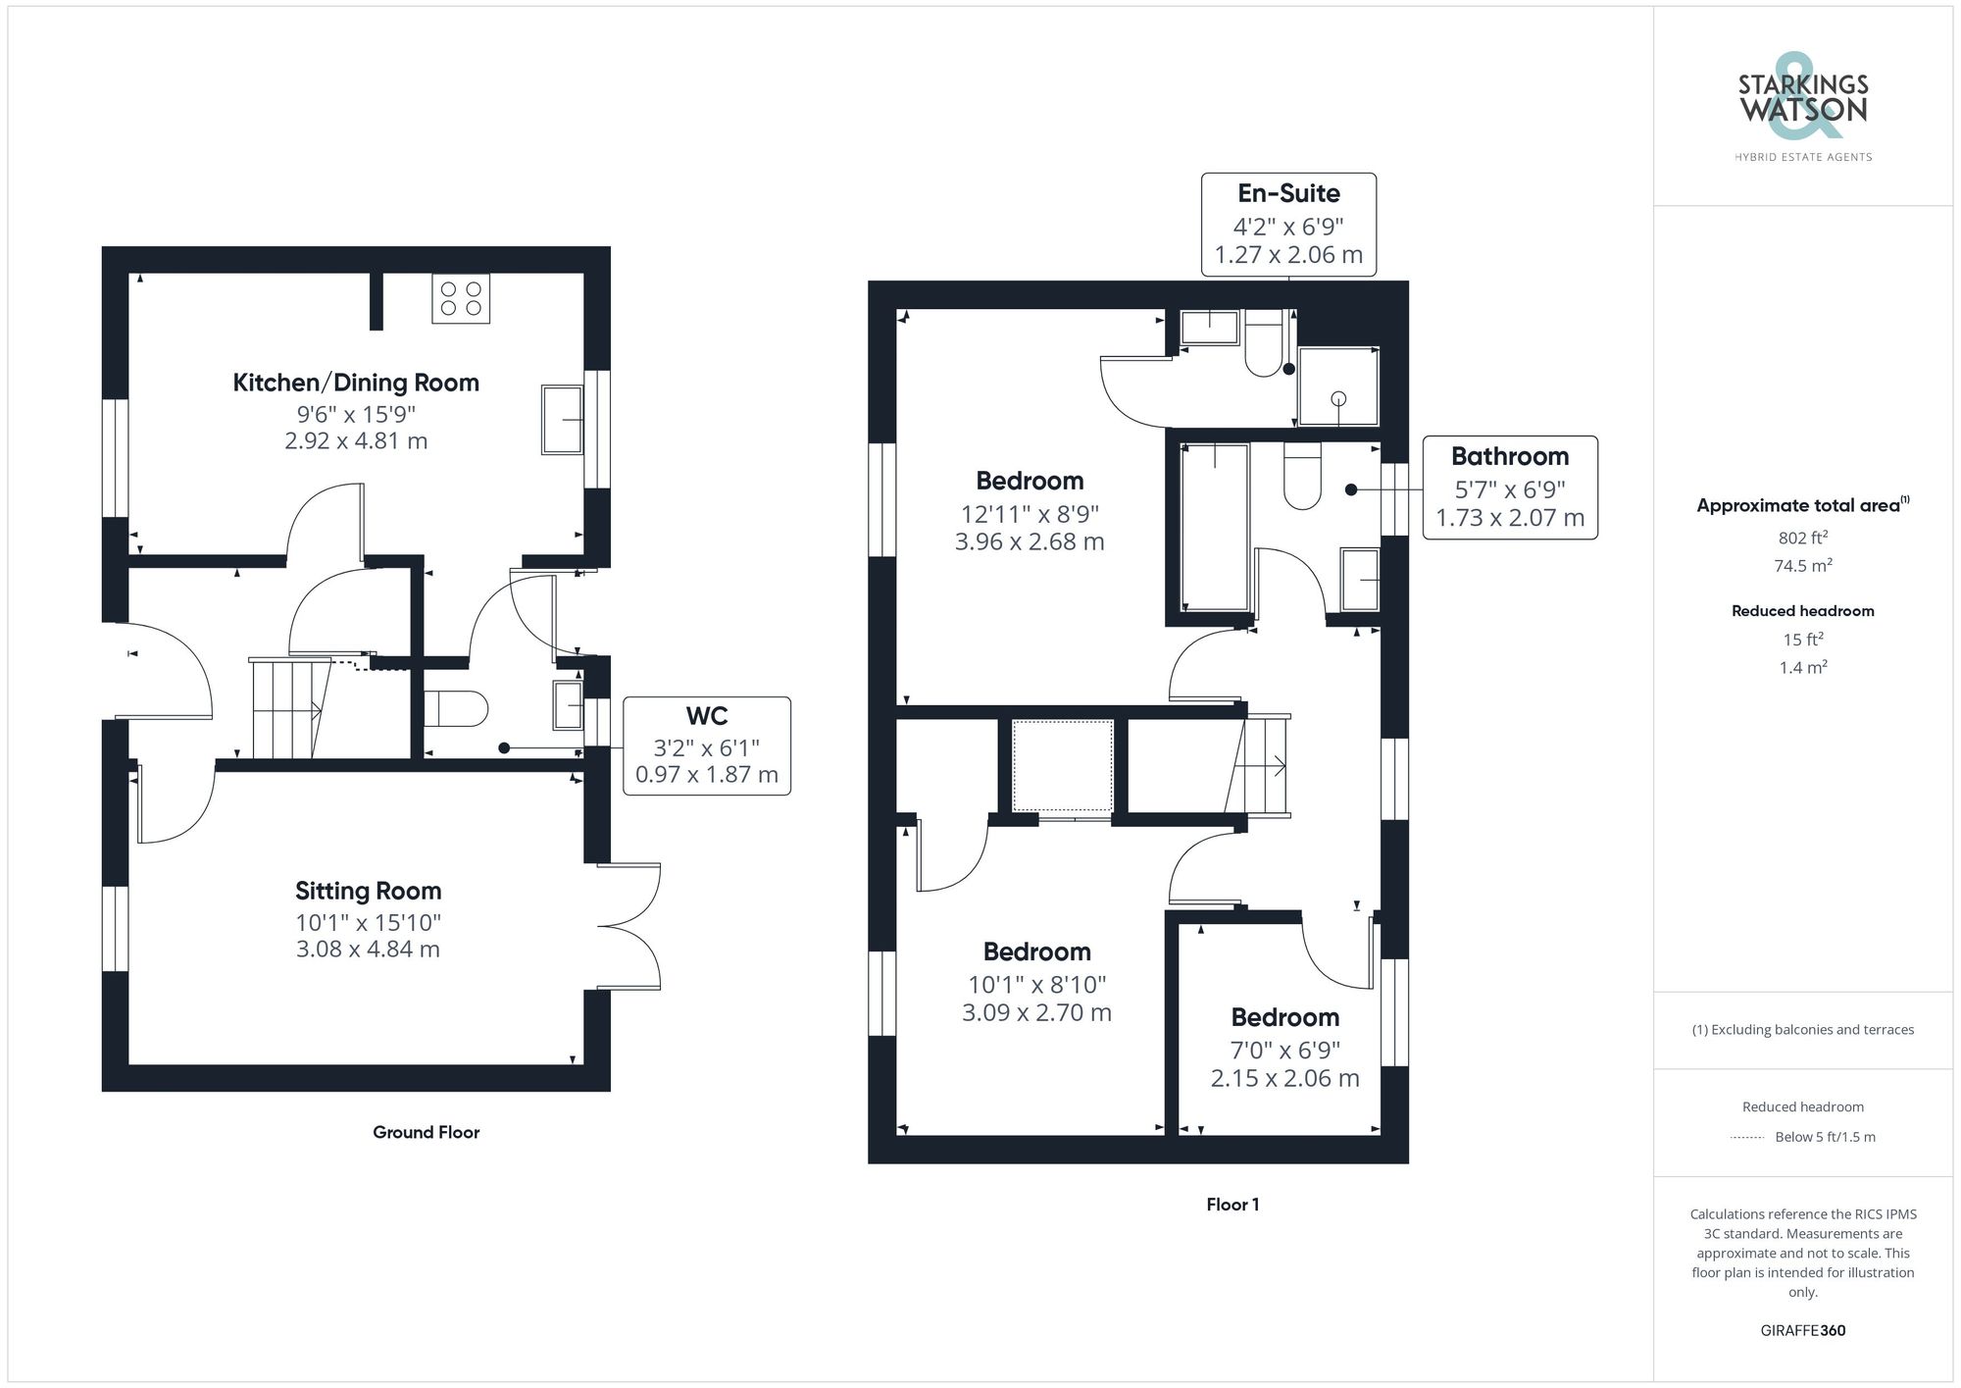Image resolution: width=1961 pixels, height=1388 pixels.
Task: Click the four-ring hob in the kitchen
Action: coord(461,299)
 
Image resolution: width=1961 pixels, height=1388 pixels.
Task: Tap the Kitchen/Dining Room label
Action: coord(355,383)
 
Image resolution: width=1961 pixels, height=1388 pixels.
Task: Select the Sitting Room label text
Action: coord(368,891)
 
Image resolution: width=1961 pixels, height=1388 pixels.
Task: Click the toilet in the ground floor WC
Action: coord(457,708)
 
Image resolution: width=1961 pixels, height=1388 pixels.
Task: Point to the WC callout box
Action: coord(706,745)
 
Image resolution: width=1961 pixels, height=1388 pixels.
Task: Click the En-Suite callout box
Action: coord(1288,225)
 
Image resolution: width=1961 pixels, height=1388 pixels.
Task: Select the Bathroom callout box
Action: coord(1509,488)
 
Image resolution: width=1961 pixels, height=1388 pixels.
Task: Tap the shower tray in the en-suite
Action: coord(1337,386)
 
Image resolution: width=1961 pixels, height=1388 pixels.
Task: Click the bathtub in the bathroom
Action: coord(1215,526)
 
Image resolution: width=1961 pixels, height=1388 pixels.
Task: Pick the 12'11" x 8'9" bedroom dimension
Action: coord(1030,513)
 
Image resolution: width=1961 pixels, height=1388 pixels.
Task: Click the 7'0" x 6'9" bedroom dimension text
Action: coord(1284,1051)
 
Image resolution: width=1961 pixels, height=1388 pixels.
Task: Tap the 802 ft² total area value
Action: coord(1802,538)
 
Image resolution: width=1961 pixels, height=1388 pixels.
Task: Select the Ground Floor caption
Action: coord(426,1132)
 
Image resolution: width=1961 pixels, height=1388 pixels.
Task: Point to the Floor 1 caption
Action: coord(1232,1205)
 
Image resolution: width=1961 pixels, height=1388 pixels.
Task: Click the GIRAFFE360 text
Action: coord(1802,1331)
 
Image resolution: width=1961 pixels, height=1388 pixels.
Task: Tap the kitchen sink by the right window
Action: coord(562,420)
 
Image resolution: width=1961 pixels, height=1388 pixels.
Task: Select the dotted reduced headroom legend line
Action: coord(1746,1138)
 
